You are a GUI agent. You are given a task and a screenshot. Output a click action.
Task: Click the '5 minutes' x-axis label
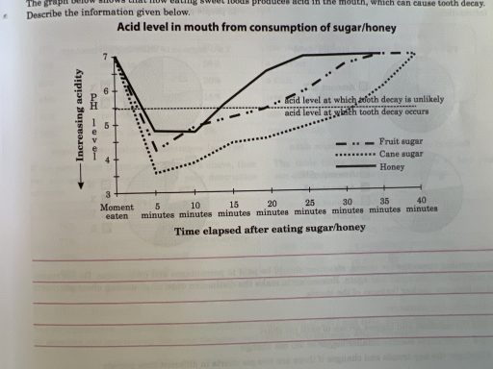coord(158,212)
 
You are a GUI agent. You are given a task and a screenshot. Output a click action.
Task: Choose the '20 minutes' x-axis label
coord(272,212)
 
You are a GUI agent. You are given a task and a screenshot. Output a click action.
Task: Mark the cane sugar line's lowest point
coord(156,173)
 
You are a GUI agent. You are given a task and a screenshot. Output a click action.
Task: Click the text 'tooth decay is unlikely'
coord(367,100)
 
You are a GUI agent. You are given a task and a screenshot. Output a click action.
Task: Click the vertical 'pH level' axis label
coord(94,123)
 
